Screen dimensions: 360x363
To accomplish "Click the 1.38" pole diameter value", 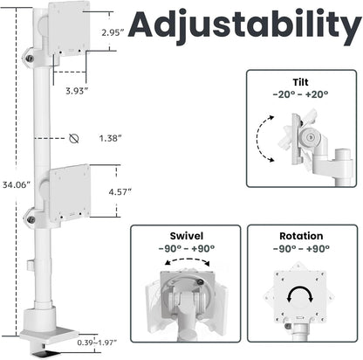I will coord(111,138).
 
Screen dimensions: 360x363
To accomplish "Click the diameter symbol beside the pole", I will coord(74,138).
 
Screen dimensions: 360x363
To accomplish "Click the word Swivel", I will coord(186,236).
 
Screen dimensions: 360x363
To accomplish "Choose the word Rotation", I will coord(302,236).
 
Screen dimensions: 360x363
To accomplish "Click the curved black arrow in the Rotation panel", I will coord(301,292).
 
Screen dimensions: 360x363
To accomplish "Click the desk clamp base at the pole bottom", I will coord(44,325).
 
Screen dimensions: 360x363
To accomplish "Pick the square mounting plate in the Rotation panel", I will coord(301,293).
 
